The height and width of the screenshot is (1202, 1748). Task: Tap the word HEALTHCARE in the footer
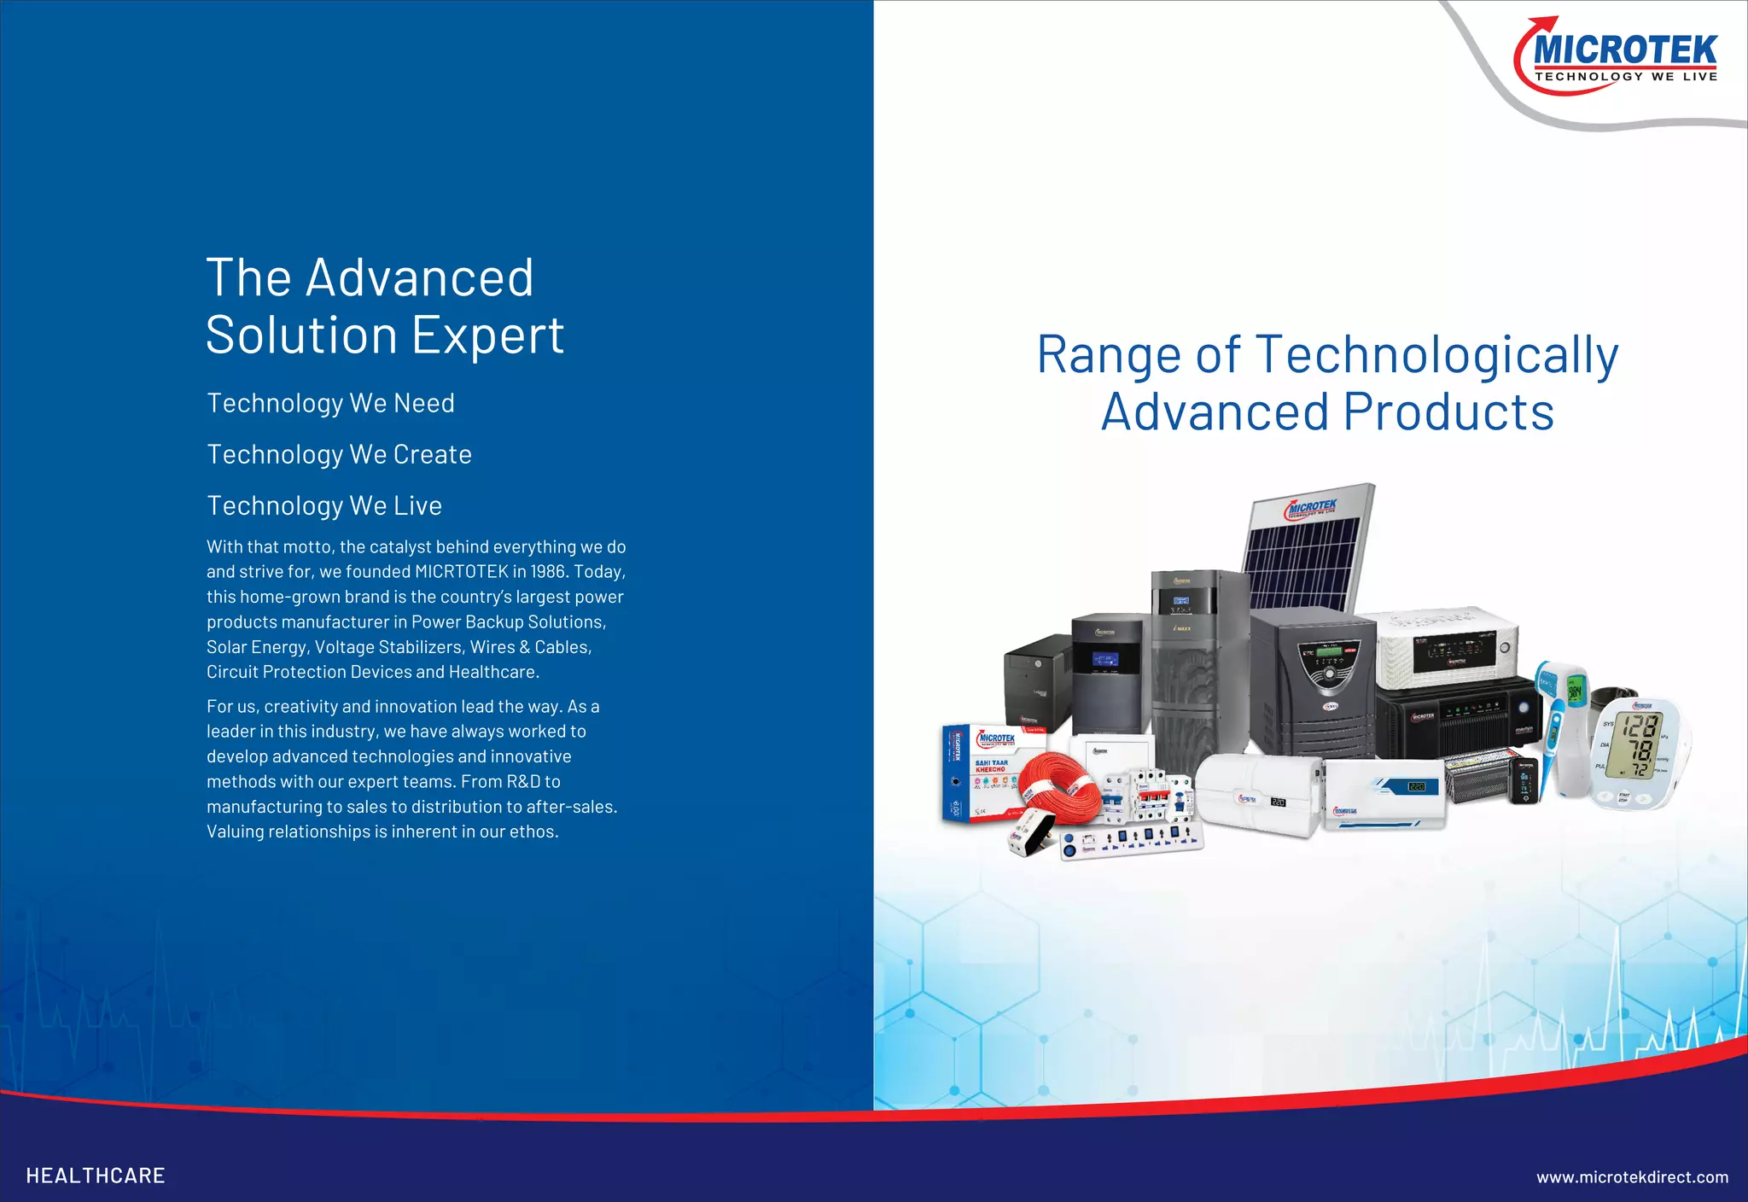pyautogui.click(x=96, y=1176)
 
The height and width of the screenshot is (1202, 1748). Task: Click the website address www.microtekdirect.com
pyautogui.click(x=1632, y=1177)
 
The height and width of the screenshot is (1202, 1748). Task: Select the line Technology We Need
pyautogui.click(x=330, y=403)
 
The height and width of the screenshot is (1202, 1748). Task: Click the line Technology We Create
pyautogui.click(x=339, y=454)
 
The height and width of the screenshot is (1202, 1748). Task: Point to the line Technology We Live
pyautogui.click(x=324, y=505)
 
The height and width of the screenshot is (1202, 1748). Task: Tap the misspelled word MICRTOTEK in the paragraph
pyautogui.click(x=461, y=572)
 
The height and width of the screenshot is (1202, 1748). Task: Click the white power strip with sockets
pyautogui.click(x=1131, y=841)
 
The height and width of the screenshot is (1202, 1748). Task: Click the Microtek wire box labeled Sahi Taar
pyautogui.click(x=982, y=773)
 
